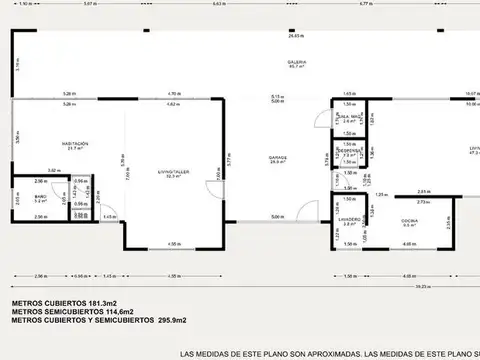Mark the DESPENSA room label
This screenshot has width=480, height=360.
pyautogui.click(x=348, y=153)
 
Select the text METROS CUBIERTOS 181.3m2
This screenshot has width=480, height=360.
pyautogui.click(x=65, y=302)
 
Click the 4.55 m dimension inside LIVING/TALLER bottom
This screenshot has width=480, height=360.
pyautogui.click(x=173, y=243)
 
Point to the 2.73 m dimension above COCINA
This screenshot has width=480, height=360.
pyautogui.click(x=421, y=201)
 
